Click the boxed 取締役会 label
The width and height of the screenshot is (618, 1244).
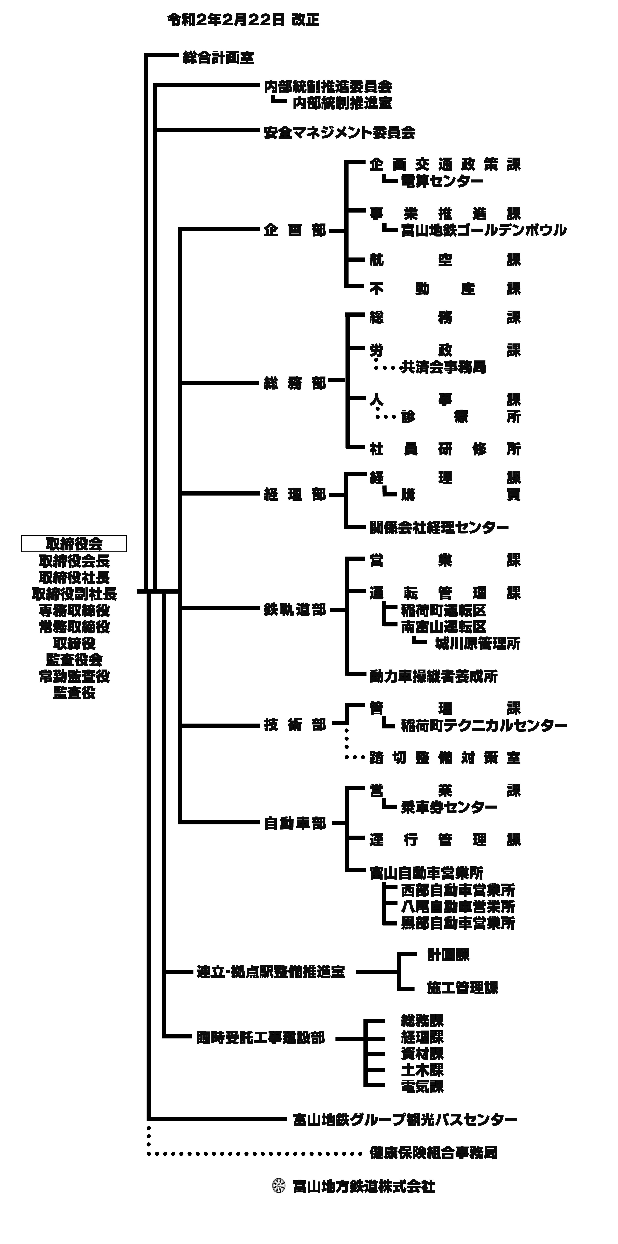point(74,544)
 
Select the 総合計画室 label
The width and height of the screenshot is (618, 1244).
point(218,58)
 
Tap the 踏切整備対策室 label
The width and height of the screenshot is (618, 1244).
point(445,758)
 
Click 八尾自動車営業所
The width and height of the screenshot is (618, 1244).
point(458,906)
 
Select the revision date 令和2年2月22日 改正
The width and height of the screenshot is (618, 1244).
point(243,20)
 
